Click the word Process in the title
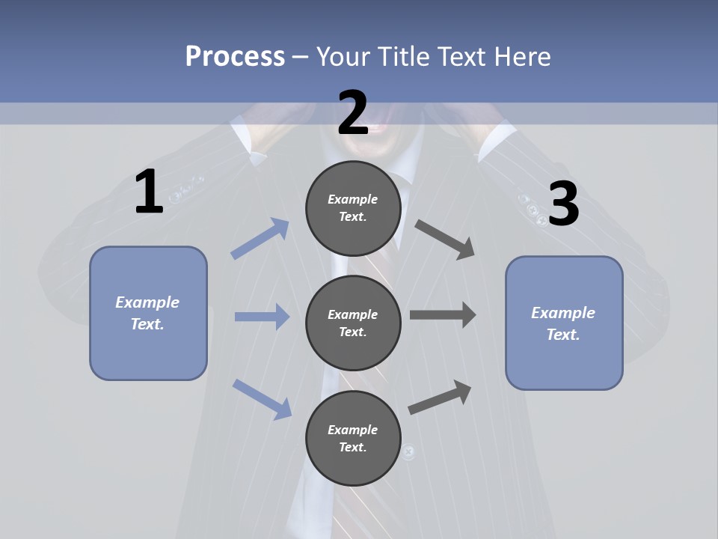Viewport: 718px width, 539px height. (x=235, y=56)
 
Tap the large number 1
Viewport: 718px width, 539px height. (x=149, y=192)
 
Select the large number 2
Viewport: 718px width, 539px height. (x=353, y=113)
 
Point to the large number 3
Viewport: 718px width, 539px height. (x=563, y=204)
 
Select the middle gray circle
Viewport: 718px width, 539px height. (x=353, y=323)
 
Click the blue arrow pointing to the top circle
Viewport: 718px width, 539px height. (x=260, y=239)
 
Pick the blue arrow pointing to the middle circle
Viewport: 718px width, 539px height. (x=262, y=317)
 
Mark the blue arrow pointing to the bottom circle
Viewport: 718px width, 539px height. (x=262, y=399)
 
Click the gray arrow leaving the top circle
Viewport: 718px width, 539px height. (x=445, y=240)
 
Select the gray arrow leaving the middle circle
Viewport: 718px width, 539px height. (x=443, y=315)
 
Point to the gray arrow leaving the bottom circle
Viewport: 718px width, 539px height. (x=440, y=397)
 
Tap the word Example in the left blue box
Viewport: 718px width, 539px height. (x=147, y=302)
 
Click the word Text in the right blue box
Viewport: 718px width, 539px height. (x=562, y=335)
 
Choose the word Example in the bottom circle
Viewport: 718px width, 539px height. (x=352, y=430)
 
